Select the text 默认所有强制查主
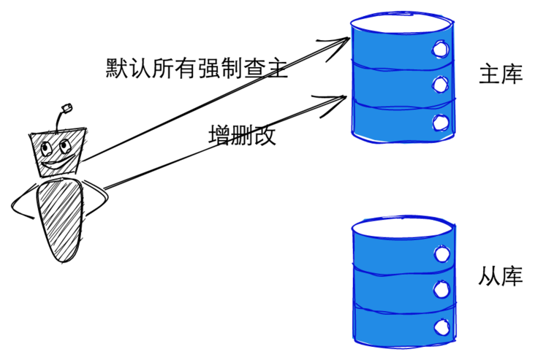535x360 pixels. (196, 69)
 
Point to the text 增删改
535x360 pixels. (242, 136)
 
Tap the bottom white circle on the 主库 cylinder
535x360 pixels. (440, 122)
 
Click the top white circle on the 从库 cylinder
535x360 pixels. (441, 254)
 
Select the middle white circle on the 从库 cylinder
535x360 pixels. (440, 290)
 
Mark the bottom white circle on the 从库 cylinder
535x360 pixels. (440, 326)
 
